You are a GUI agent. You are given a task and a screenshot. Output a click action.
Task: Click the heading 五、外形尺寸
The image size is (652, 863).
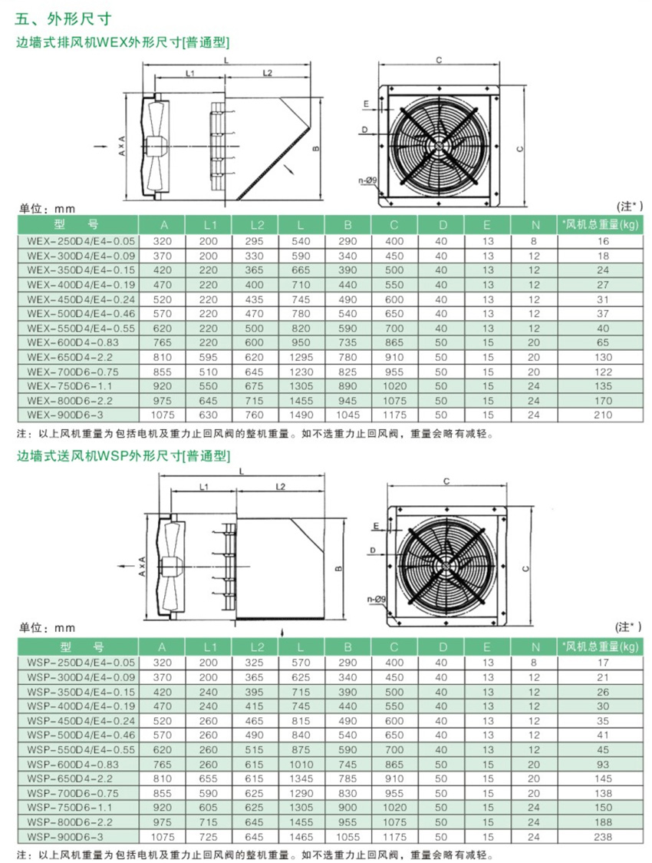64,19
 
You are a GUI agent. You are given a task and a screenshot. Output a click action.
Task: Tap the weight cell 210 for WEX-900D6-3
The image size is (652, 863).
602,415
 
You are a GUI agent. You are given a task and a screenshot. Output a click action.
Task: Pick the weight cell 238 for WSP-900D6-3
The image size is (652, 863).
602,837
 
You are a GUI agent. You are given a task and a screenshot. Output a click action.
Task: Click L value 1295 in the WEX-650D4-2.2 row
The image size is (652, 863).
301,357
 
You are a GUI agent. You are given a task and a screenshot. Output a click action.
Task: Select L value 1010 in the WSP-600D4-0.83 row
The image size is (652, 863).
301,765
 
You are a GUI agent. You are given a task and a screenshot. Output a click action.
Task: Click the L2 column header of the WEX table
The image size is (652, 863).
257,224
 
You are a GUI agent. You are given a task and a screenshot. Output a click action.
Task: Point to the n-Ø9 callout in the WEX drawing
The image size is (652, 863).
367,180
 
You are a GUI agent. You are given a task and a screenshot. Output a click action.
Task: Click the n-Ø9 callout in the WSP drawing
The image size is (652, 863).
377,599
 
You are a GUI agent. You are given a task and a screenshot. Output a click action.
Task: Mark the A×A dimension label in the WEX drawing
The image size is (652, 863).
121,145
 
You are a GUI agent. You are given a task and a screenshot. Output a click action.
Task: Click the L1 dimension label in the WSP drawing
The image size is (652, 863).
204,487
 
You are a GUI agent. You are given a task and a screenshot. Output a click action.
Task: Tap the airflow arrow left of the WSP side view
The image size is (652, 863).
125,566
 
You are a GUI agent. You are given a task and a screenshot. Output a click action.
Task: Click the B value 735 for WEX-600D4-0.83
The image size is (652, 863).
347,342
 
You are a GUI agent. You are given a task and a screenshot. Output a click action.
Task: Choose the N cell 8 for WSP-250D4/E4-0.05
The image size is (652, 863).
533,663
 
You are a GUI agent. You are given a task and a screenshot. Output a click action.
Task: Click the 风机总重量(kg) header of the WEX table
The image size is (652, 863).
601,224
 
